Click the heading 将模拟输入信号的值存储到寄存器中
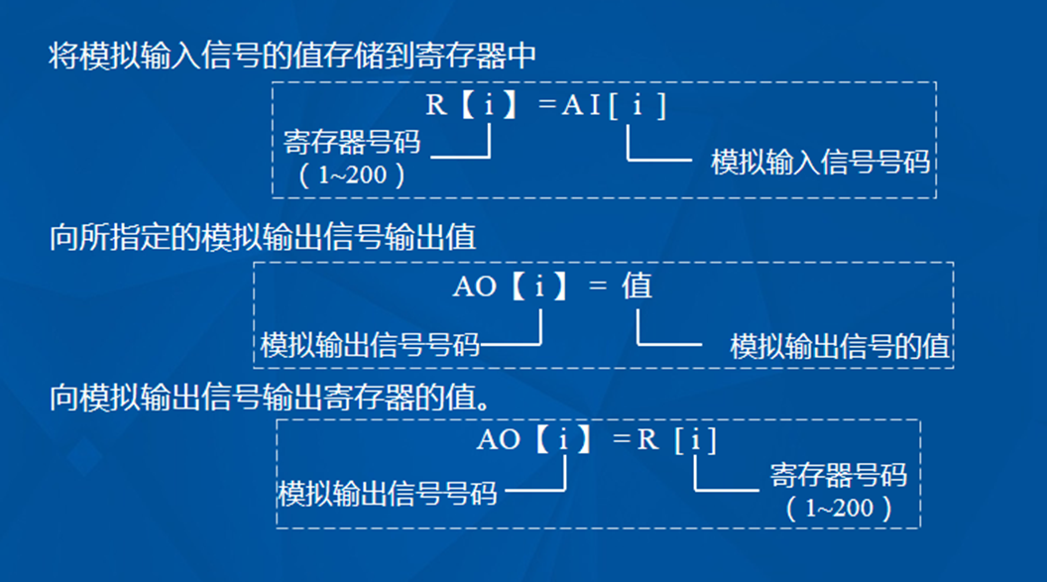292,55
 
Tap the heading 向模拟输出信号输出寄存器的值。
270,399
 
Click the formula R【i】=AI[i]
546,106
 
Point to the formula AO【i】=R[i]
596,439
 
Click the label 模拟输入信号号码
821,162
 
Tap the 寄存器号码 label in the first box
352,142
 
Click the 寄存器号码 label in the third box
839,476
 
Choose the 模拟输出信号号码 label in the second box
370,345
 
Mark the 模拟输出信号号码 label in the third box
388,493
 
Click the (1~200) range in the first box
352,176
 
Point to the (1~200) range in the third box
839,510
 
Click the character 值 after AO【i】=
637,288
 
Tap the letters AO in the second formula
475,288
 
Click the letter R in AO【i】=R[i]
647,439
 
